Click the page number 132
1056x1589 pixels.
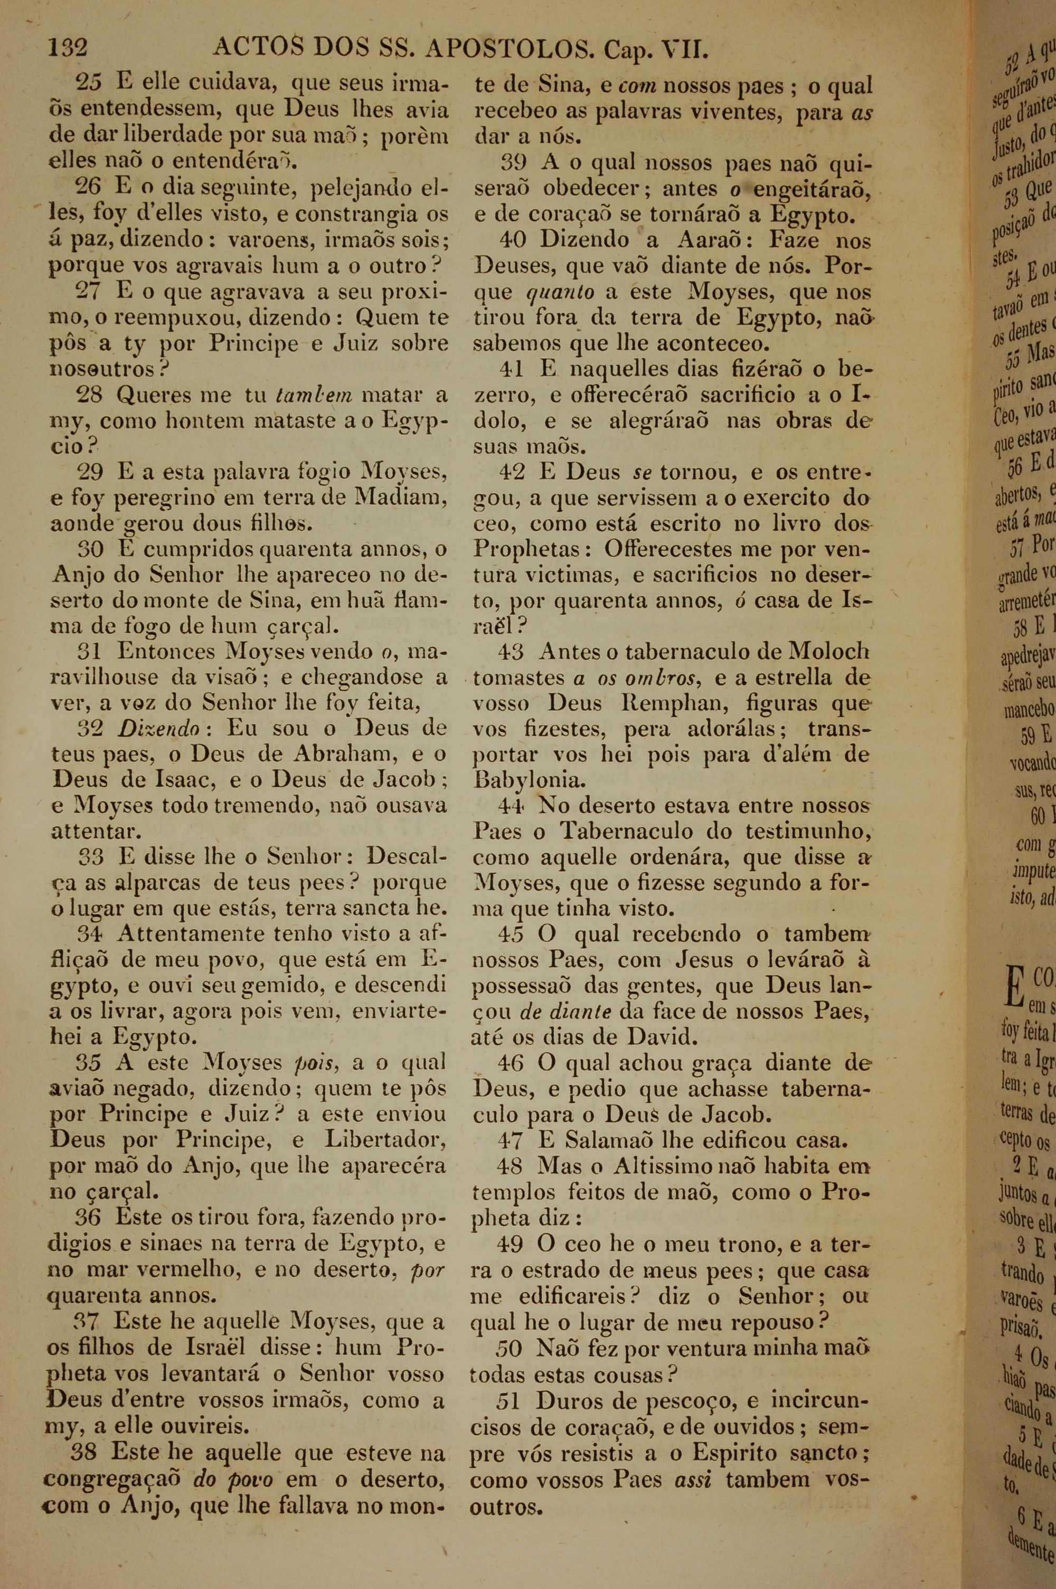[68, 49]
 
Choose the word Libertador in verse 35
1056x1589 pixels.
[386, 1139]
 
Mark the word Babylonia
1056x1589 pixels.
[528, 780]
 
